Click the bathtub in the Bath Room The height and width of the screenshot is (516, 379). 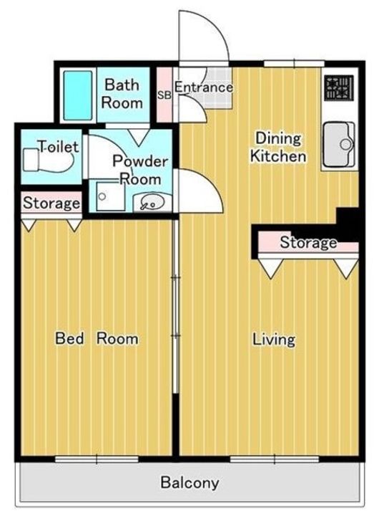pyautogui.click(x=77, y=95)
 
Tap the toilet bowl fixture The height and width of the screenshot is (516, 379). pyautogui.click(x=49, y=160)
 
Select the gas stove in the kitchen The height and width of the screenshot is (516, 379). pyautogui.click(x=339, y=87)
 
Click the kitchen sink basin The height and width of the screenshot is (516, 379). pyautogui.click(x=339, y=144)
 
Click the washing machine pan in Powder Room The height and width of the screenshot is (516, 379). pyautogui.click(x=110, y=196)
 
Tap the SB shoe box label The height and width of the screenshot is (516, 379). pyautogui.click(x=164, y=95)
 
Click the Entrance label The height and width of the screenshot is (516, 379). pyautogui.click(x=204, y=87)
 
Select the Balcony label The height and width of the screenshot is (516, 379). pyautogui.click(x=189, y=483)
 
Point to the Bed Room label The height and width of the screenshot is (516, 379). pyautogui.click(x=97, y=338)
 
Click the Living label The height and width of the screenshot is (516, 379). pyautogui.click(x=274, y=340)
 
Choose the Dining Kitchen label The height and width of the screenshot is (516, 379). pyautogui.click(x=278, y=147)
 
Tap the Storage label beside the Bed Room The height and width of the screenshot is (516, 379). pyautogui.click(x=51, y=203)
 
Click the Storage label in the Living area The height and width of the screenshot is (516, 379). pyautogui.click(x=308, y=242)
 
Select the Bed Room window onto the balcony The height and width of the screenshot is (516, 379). pyautogui.click(x=97, y=459)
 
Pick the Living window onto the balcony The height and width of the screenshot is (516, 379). pyautogui.click(x=275, y=459)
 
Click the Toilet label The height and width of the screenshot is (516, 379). pyautogui.click(x=59, y=146)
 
